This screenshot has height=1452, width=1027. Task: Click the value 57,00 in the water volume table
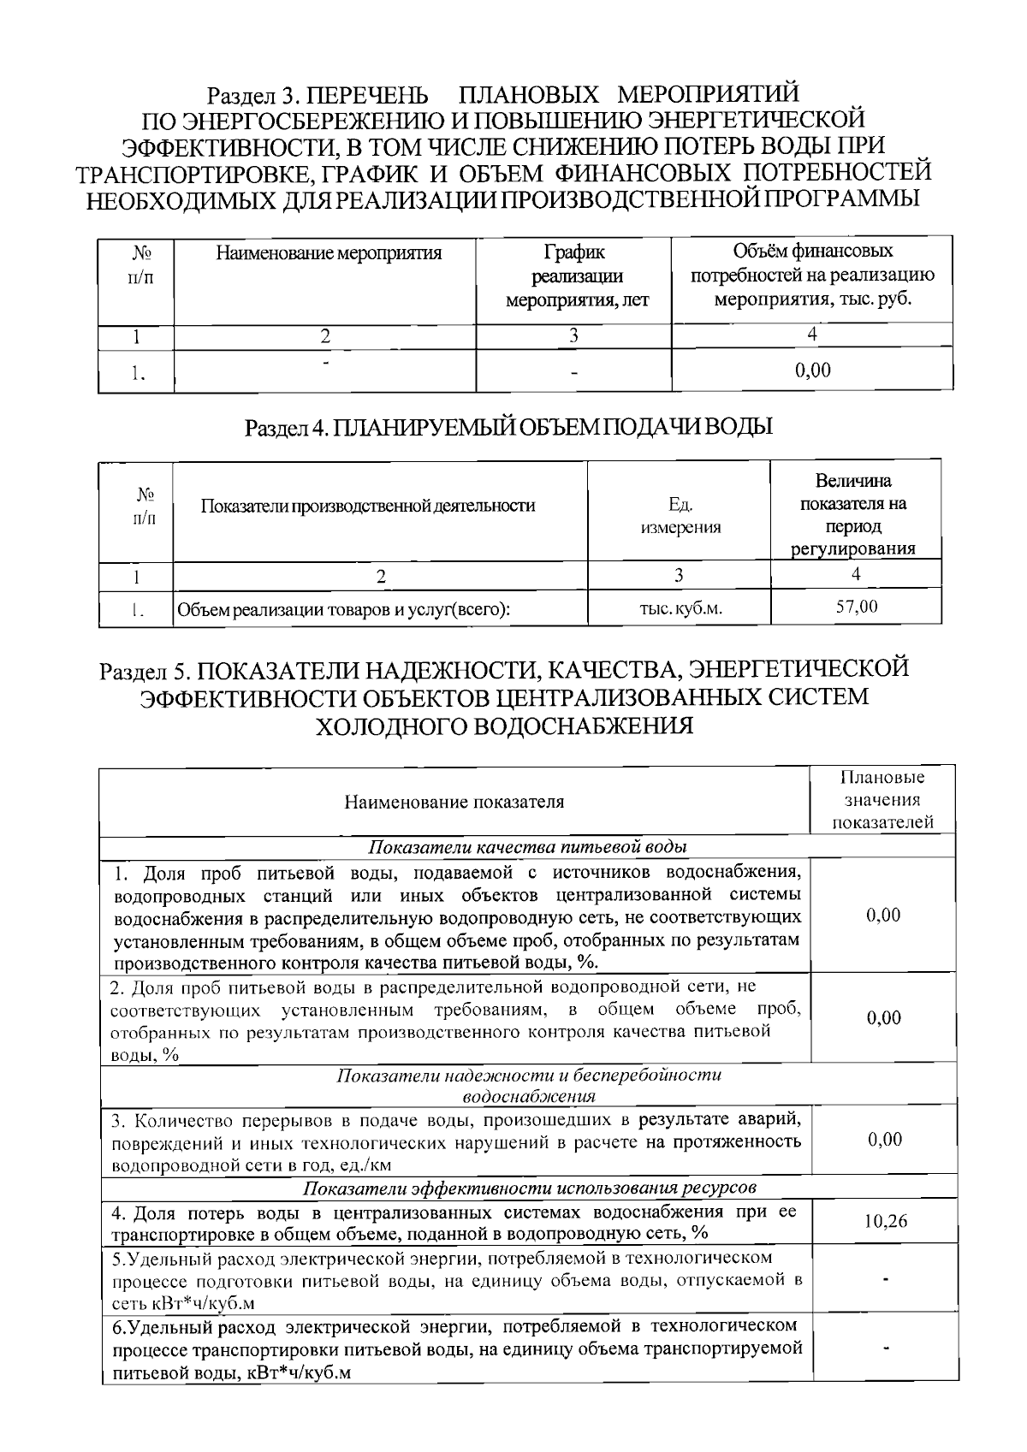tap(856, 607)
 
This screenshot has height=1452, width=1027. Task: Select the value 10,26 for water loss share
tap(885, 1221)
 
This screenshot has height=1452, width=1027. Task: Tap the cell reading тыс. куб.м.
tap(680, 609)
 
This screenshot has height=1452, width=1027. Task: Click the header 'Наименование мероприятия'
tap(329, 253)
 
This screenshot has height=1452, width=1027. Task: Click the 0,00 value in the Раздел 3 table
tap(812, 370)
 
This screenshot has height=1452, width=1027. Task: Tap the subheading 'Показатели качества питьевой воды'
tap(529, 847)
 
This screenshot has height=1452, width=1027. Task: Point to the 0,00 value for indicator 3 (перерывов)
tap(884, 1139)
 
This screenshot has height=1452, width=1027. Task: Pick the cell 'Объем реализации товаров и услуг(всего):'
tap(343, 610)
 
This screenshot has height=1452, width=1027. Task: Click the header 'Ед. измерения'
tap(680, 517)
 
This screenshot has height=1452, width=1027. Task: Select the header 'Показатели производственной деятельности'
tap(368, 506)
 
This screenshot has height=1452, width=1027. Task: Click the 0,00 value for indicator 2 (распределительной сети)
tap(884, 1018)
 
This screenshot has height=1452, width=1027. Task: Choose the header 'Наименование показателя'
tap(454, 802)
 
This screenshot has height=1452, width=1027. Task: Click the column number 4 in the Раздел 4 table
tap(856, 575)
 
